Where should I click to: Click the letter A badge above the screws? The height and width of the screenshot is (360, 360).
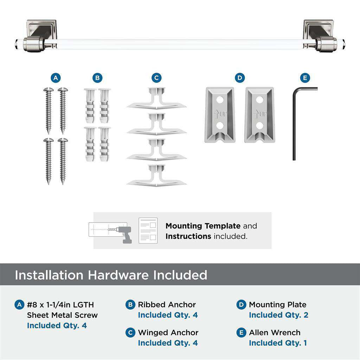tap(55, 78)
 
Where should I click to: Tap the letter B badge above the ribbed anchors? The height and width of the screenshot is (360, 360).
tap(97, 78)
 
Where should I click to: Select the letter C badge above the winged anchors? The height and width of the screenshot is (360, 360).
tap(156, 78)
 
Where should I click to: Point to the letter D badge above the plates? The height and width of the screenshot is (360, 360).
tap(239, 78)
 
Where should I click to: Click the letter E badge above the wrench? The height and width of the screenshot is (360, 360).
tap(304, 78)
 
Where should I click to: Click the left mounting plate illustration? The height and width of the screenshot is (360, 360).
tap(219, 115)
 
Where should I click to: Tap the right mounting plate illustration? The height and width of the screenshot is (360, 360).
tap(259, 115)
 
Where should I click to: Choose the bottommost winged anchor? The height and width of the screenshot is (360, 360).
tap(156, 175)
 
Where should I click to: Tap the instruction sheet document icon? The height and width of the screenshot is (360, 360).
tap(148, 231)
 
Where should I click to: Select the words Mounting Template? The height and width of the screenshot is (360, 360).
tap(203, 226)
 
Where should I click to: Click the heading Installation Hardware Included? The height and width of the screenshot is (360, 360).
tap(111, 275)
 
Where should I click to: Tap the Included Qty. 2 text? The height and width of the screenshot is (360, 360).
tap(278, 315)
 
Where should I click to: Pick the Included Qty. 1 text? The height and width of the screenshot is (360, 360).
tap(278, 343)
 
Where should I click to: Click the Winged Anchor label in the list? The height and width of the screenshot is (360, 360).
tap(168, 333)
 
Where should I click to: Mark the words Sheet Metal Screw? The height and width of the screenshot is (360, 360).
tap(62, 315)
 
